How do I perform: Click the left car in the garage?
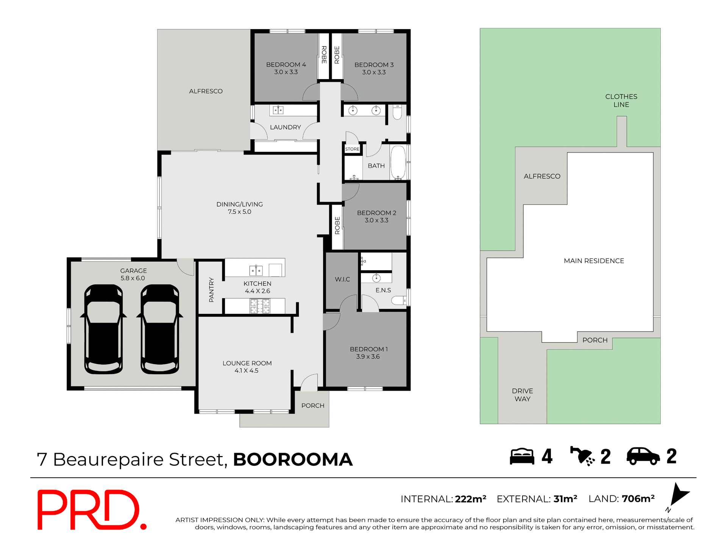103,329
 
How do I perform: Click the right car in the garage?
160,329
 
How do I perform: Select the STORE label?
352,149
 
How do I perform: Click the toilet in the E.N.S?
399,301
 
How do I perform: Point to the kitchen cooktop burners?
260,306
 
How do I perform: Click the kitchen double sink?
256,270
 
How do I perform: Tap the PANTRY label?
211,290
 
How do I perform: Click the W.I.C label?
342,279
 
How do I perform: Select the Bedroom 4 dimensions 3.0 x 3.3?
286,72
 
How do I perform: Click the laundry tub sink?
278,110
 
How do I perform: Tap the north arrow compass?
679,495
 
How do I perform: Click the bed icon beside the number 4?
522,456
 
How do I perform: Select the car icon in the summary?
643,456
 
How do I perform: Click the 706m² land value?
638,499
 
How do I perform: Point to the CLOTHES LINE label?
621,101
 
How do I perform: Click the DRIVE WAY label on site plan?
522,395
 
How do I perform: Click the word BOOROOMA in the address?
293,459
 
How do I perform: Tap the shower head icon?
582,456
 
